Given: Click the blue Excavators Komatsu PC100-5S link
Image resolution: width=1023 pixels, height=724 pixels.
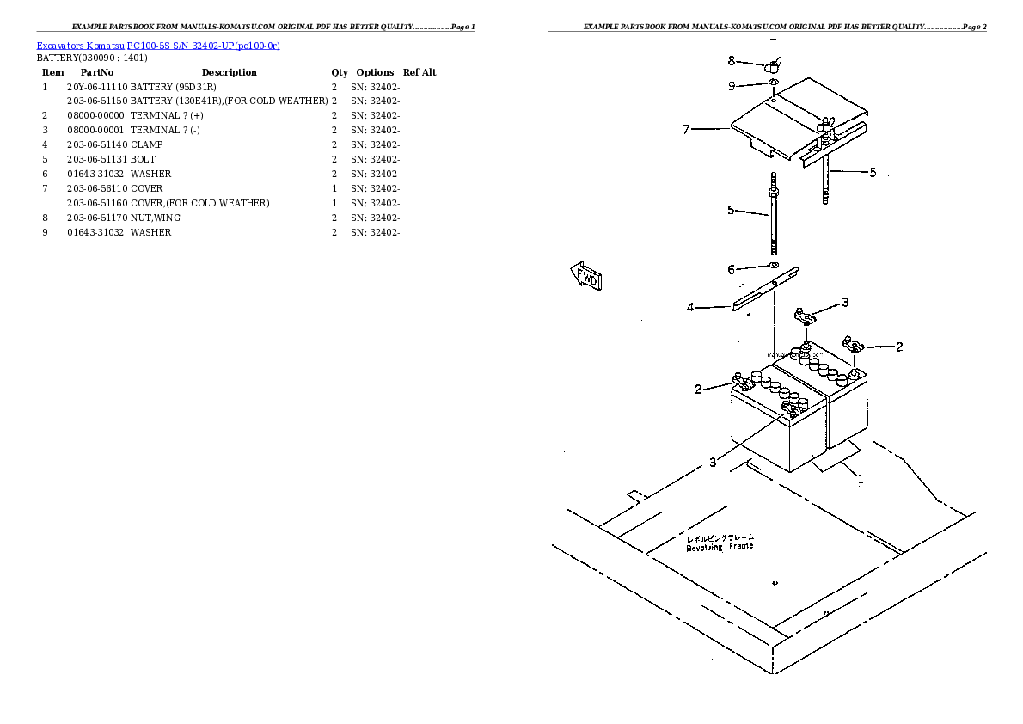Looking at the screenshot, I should click(157, 45).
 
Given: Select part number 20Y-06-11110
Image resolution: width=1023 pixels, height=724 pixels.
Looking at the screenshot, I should click(97, 87).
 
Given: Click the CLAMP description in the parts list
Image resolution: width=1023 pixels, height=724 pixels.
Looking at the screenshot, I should click(146, 144).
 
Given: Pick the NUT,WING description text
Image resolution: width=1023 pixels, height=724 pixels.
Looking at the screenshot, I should click(156, 218).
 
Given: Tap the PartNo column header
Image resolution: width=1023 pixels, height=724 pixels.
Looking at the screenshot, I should click(97, 72).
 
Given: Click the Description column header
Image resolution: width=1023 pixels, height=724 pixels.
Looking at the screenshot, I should click(229, 72).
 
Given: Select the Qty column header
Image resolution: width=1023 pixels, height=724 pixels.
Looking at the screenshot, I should click(340, 72).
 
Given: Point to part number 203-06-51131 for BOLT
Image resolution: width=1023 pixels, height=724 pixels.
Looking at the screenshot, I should click(97, 159).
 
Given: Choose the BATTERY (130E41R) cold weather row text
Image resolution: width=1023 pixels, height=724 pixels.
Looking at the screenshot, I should click(229, 101).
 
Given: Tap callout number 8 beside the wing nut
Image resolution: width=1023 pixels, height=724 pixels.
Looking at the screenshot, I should click(732, 60).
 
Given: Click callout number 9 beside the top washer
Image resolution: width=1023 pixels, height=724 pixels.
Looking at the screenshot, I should click(732, 85).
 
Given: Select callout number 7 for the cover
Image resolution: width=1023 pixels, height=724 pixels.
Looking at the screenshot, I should click(687, 130).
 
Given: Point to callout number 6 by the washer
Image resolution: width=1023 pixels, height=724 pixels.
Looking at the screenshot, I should click(732, 269).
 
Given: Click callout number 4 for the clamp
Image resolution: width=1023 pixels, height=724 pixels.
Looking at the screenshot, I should click(690, 307).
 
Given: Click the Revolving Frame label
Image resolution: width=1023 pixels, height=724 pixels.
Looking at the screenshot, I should click(720, 545).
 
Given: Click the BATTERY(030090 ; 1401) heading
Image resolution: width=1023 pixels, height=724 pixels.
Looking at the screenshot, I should click(92, 58).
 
